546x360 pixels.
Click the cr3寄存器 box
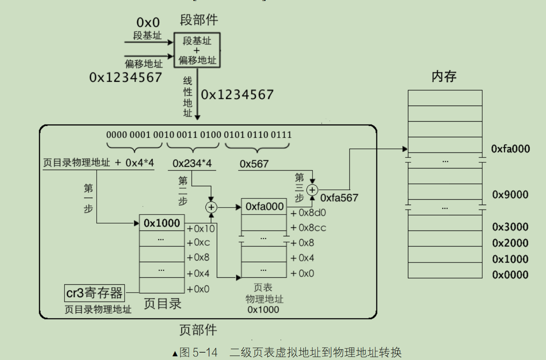point(95,293)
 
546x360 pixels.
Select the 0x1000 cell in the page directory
point(162,223)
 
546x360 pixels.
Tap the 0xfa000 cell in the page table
point(264,207)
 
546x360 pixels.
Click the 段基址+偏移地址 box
point(197,51)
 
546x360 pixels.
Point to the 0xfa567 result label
point(339,198)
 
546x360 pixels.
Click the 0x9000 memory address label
point(510,194)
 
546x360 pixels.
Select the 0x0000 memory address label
point(510,275)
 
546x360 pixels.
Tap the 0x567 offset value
point(254,164)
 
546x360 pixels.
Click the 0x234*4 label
point(192,163)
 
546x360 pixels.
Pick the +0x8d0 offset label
point(308,213)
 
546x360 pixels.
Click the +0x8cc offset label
point(308,228)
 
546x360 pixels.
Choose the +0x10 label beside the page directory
point(201,228)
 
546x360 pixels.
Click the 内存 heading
point(444,76)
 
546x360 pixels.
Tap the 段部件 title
point(199,20)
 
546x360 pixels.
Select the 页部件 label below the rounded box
point(198,330)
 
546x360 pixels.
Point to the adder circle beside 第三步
point(312,190)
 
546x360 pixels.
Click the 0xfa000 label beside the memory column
point(510,149)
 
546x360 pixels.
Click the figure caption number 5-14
point(205,352)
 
